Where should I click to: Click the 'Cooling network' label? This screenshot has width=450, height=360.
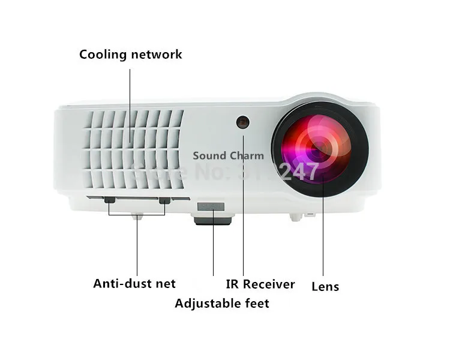coord(130,55)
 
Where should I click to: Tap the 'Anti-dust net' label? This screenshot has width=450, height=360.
coord(134,283)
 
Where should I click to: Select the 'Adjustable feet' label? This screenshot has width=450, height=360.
coord(221,304)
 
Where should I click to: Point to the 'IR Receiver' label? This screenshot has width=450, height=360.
coord(260,284)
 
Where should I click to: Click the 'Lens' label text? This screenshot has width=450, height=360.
coord(325,286)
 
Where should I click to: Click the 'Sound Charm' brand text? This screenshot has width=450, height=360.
coord(228,156)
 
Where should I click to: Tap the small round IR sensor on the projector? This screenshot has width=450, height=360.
coord(243,122)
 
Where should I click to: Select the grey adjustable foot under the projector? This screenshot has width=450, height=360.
coord(212,213)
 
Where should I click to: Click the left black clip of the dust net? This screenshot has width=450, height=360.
coord(109,200)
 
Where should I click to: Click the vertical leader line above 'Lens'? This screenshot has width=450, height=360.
coord(323,234)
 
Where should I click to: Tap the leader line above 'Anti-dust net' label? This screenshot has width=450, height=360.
coord(137,246)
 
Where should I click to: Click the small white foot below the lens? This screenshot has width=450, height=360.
coord(296,215)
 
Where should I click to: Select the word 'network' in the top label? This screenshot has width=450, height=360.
coord(155,55)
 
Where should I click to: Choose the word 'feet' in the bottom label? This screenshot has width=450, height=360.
coord(256,304)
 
